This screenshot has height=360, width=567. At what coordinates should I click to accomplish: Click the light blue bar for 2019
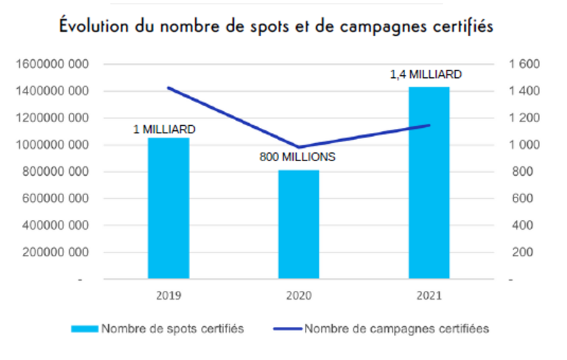169,208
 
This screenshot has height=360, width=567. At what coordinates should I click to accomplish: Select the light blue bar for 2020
298,225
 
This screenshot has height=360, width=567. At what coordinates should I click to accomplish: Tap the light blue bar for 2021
429,183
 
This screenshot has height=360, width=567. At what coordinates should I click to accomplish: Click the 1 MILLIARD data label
164,130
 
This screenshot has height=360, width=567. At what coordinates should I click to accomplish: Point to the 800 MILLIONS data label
298,157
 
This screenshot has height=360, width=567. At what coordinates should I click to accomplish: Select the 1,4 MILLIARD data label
426,74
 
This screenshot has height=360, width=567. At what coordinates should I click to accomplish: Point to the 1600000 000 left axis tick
52,65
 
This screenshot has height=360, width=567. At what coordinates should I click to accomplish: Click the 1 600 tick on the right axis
524,65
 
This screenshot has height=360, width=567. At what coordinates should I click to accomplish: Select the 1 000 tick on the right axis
524,145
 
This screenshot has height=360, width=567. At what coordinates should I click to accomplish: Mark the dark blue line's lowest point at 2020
298,147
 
